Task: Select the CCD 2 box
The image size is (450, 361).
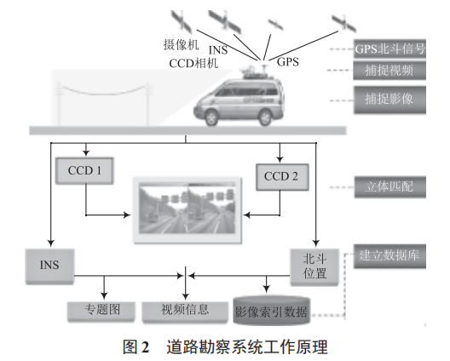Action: click(x=282, y=178)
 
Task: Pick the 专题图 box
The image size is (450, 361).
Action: click(x=99, y=311)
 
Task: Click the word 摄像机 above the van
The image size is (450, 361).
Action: click(x=179, y=43)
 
